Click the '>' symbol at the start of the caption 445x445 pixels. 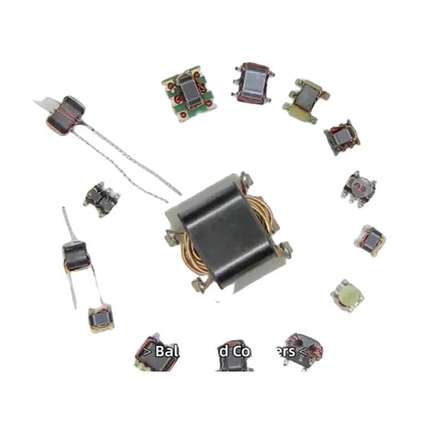click(146, 352)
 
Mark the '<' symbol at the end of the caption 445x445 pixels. click(303, 352)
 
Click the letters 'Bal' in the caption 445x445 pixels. click(165, 352)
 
